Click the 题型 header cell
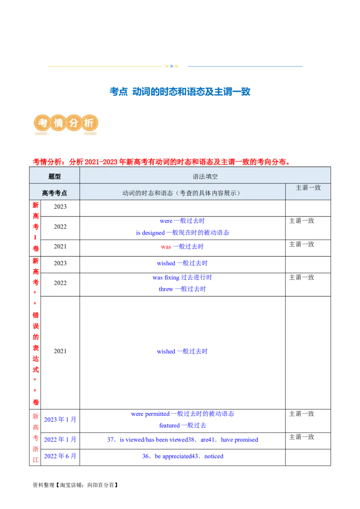point(54,177)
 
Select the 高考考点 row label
point(54,193)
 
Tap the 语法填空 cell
point(205,177)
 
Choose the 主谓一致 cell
point(308,188)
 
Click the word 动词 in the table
point(128,193)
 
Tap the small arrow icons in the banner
point(172,66)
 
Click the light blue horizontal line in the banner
point(245,66)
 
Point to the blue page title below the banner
point(180,92)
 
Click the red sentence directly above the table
point(160,161)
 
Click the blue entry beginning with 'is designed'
point(182,233)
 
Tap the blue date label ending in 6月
point(61,455)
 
